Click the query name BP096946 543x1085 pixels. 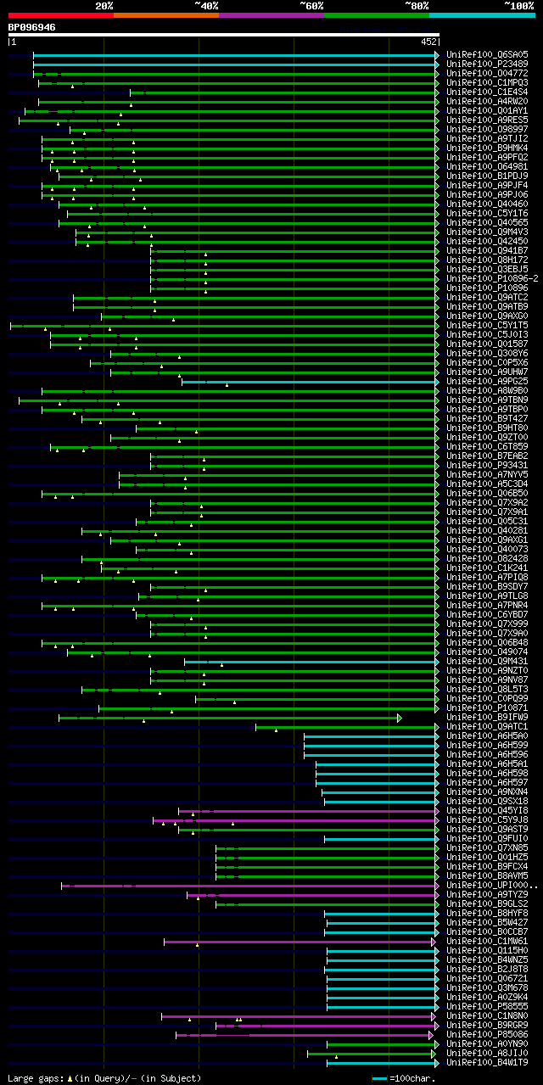tap(32, 27)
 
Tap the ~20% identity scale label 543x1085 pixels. tap(104, 5)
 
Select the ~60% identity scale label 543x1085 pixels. tap(311, 5)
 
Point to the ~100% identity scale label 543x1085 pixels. tap(519, 5)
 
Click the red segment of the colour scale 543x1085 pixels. tap(60, 14)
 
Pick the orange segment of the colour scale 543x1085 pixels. tap(165, 14)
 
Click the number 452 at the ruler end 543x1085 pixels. tap(428, 41)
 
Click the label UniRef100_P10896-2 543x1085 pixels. tap(492, 278)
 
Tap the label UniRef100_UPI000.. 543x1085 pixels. tap(490, 885)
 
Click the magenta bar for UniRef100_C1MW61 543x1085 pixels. tap(297, 941)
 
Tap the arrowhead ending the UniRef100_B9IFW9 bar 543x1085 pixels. tap(399, 718)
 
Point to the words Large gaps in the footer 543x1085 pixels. tap(34, 1078)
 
